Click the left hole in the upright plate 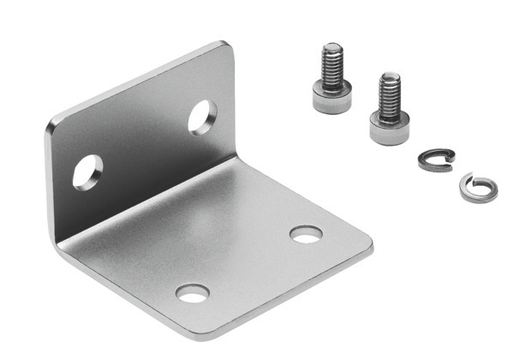pos(87,172)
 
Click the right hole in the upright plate pos(202,117)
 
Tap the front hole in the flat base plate pos(192,293)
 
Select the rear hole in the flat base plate pos(306,234)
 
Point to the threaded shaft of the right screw pos(390,94)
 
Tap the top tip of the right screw pos(391,76)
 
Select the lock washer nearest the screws pos(436,160)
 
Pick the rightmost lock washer pos(477,188)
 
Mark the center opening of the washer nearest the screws pos(436,159)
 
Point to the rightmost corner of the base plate pos(370,249)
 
